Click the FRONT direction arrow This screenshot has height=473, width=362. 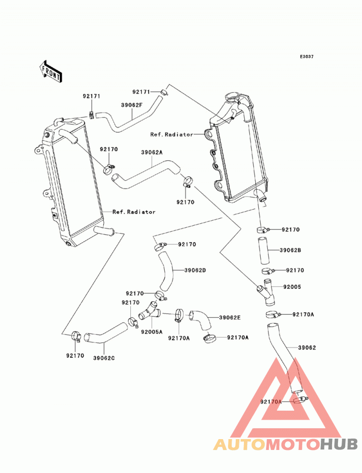click(x=50, y=72)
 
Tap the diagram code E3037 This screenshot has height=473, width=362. click(x=307, y=56)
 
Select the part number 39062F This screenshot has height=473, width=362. click(x=131, y=105)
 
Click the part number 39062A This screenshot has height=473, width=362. click(x=152, y=153)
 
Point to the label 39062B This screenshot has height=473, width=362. click(x=290, y=250)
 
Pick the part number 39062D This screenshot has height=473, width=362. click(x=195, y=270)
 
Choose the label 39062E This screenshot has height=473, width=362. click(x=230, y=318)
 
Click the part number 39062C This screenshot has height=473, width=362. click(x=104, y=358)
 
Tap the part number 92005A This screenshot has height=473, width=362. click(x=152, y=332)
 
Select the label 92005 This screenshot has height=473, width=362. click(x=292, y=287)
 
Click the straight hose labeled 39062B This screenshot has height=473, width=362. click(x=263, y=250)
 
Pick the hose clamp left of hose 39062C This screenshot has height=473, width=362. click(x=76, y=336)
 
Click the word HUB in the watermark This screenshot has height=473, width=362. click(x=339, y=445)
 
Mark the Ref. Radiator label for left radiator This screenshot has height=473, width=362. click(x=134, y=212)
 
